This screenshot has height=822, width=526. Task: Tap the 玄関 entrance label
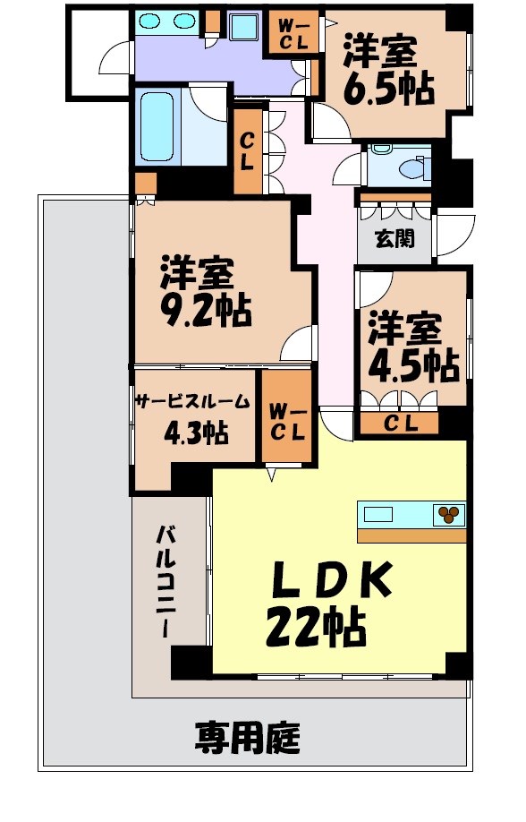coord(394,239)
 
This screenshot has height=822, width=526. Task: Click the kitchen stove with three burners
coord(448,514)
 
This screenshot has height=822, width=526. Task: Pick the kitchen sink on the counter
coord(378,514)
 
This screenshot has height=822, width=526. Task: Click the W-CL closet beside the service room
coord(287,419)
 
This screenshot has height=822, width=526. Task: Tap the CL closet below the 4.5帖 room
coord(400,424)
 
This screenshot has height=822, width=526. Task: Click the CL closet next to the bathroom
coord(248,150)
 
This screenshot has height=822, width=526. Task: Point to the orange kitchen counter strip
coord(411,535)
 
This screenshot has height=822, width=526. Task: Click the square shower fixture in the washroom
coord(243,27)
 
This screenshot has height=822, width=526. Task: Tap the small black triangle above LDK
coord(271,475)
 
